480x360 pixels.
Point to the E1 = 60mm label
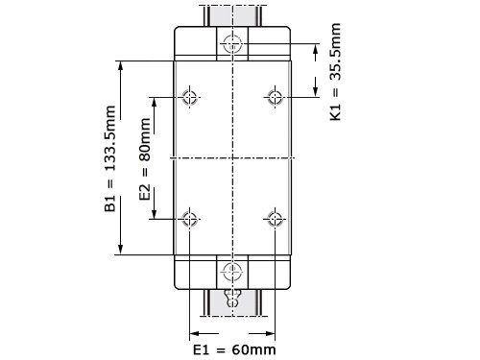point(234,348)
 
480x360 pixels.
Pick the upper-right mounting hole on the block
point(275,97)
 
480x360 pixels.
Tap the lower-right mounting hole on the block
point(275,219)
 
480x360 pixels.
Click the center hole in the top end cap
point(232,44)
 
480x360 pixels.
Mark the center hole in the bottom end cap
point(232,270)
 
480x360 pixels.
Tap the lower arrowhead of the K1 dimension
point(317,92)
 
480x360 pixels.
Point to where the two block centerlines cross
point(232,157)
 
